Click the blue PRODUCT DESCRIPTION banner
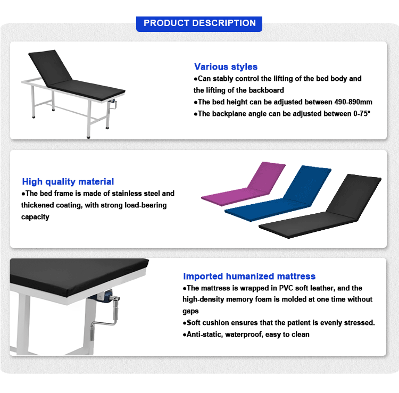(199, 24)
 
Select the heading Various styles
(226, 66)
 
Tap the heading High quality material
(68, 182)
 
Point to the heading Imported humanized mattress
(249, 276)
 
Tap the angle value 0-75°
(362, 114)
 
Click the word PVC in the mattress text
(286, 288)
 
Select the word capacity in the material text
(35, 217)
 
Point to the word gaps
(190, 311)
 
